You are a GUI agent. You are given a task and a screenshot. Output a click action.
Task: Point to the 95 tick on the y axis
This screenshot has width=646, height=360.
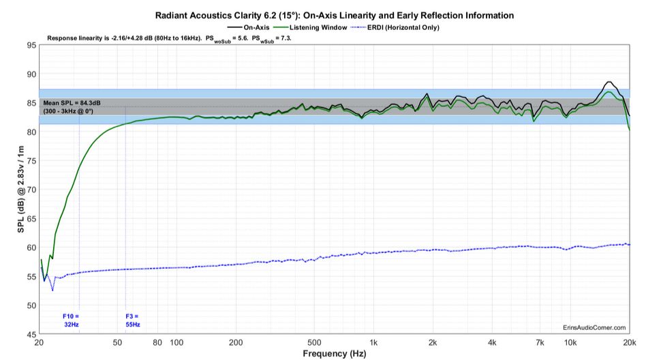click(31, 46)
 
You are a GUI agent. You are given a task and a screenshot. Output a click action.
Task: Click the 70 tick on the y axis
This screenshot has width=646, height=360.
click(31, 190)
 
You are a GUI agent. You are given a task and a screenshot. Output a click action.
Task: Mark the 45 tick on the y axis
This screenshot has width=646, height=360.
click(31, 335)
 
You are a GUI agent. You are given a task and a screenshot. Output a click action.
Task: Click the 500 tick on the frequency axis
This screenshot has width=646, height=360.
click(313, 342)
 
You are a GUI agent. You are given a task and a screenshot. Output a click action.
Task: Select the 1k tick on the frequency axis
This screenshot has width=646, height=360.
click(373, 342)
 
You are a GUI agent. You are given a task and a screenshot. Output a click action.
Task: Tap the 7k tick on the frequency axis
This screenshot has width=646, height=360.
click(540, 342)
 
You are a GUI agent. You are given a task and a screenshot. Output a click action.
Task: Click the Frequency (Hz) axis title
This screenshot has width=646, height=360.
click(334, 354)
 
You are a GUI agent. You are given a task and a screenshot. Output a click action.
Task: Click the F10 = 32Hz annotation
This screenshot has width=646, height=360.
click(71, 320)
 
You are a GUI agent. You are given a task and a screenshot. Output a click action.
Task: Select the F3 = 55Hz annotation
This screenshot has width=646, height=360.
click(132, 320)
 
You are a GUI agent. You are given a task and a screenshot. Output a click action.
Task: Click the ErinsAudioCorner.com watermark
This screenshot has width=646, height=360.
click(594, 328)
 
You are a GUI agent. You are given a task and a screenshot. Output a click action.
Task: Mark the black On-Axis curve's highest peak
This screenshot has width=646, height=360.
click(609, 82)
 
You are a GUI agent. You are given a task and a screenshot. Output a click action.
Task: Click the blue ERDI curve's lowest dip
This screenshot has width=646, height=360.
click(52, 290)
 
